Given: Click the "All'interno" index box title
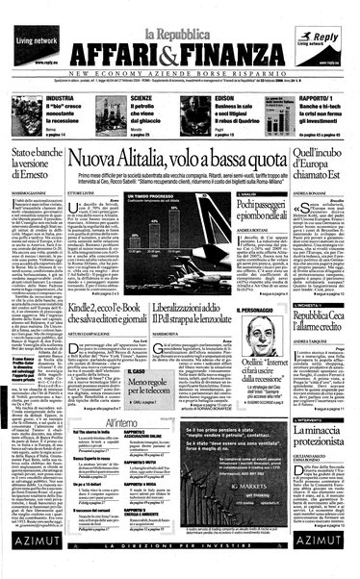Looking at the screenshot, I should pos(121,423).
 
